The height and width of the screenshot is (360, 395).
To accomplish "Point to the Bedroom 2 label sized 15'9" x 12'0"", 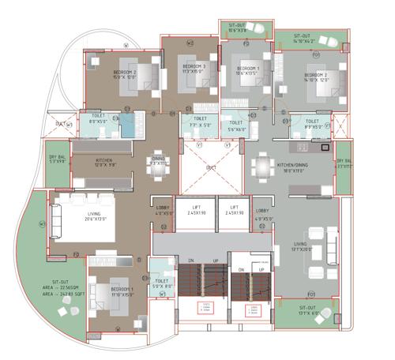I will click(x=124, y=74).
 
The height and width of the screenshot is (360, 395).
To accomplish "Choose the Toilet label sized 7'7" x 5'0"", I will click(x=200, y=122).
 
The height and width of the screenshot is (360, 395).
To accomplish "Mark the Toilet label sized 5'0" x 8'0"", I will click(x=162, y=283).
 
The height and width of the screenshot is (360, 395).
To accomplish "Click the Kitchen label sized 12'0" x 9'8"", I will click(x=105, y=163).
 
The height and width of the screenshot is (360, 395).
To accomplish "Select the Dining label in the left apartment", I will click(x=159, y=160).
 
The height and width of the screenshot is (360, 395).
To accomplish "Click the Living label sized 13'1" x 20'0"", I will click(x=301, y=247).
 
